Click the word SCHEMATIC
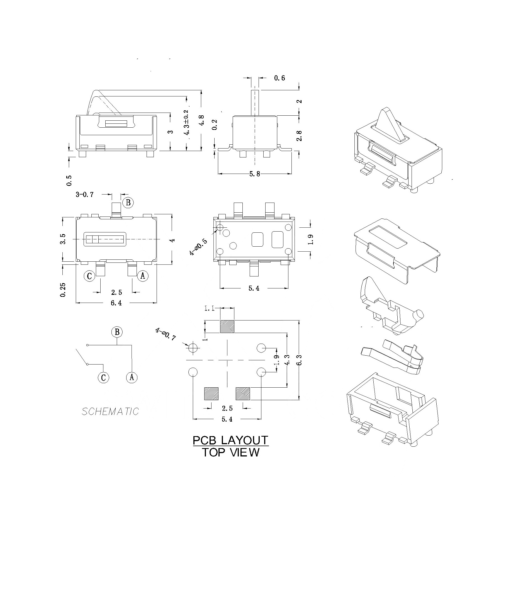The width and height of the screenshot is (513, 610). (110, 411)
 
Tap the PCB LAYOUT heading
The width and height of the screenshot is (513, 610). (230, 440)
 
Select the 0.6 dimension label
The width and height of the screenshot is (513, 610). (279, 78)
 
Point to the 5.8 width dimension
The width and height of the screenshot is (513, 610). (255, 174)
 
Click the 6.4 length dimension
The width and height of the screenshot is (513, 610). (116, 303)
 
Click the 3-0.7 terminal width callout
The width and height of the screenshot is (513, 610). (85, 195)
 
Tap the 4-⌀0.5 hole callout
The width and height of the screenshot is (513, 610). (198, 247)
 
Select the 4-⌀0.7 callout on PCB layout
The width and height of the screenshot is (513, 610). (165, 334)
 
